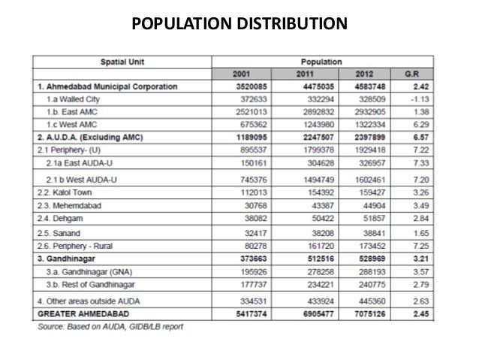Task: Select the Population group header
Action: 321,61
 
